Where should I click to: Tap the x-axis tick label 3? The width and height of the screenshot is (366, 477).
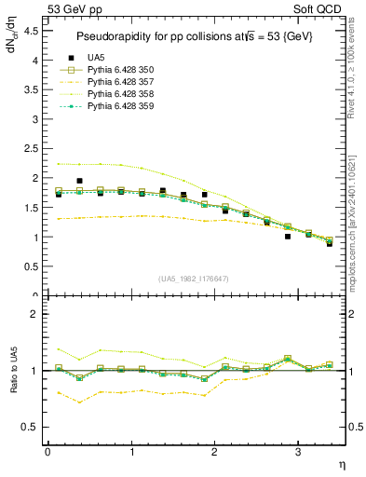pyautogui.click(x=297, y=452)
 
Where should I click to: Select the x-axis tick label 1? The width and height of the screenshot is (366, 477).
pyautogui.click(x=130, y=452)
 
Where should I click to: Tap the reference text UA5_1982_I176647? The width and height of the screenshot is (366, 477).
pyautogui.click(x=194, y=279)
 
